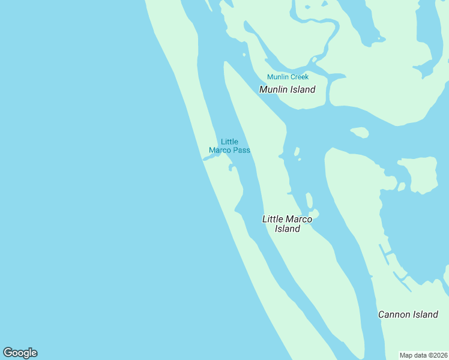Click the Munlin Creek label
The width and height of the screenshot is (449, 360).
[x=288, y=77]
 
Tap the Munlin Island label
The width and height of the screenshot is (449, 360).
[x=287, y=89]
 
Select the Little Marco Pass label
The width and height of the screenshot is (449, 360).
[x=229, y=146]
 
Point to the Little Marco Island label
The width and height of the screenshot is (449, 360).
[x=287, y=224]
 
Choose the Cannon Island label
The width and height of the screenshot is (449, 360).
[x=408, y=314]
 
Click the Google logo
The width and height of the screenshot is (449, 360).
[x=20, y=353]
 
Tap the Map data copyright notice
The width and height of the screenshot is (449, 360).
[x=423, y=355]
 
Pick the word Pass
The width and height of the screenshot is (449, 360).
[x=241, y=150]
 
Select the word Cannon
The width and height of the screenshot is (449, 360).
[x=394, y=314]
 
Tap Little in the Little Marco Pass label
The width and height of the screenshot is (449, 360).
[x=229, y=142]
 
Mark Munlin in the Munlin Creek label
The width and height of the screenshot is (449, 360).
[x=277, y=77]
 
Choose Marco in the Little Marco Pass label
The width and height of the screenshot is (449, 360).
[x=219, y=150]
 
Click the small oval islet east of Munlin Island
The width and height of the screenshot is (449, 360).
[x=359, y=132]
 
